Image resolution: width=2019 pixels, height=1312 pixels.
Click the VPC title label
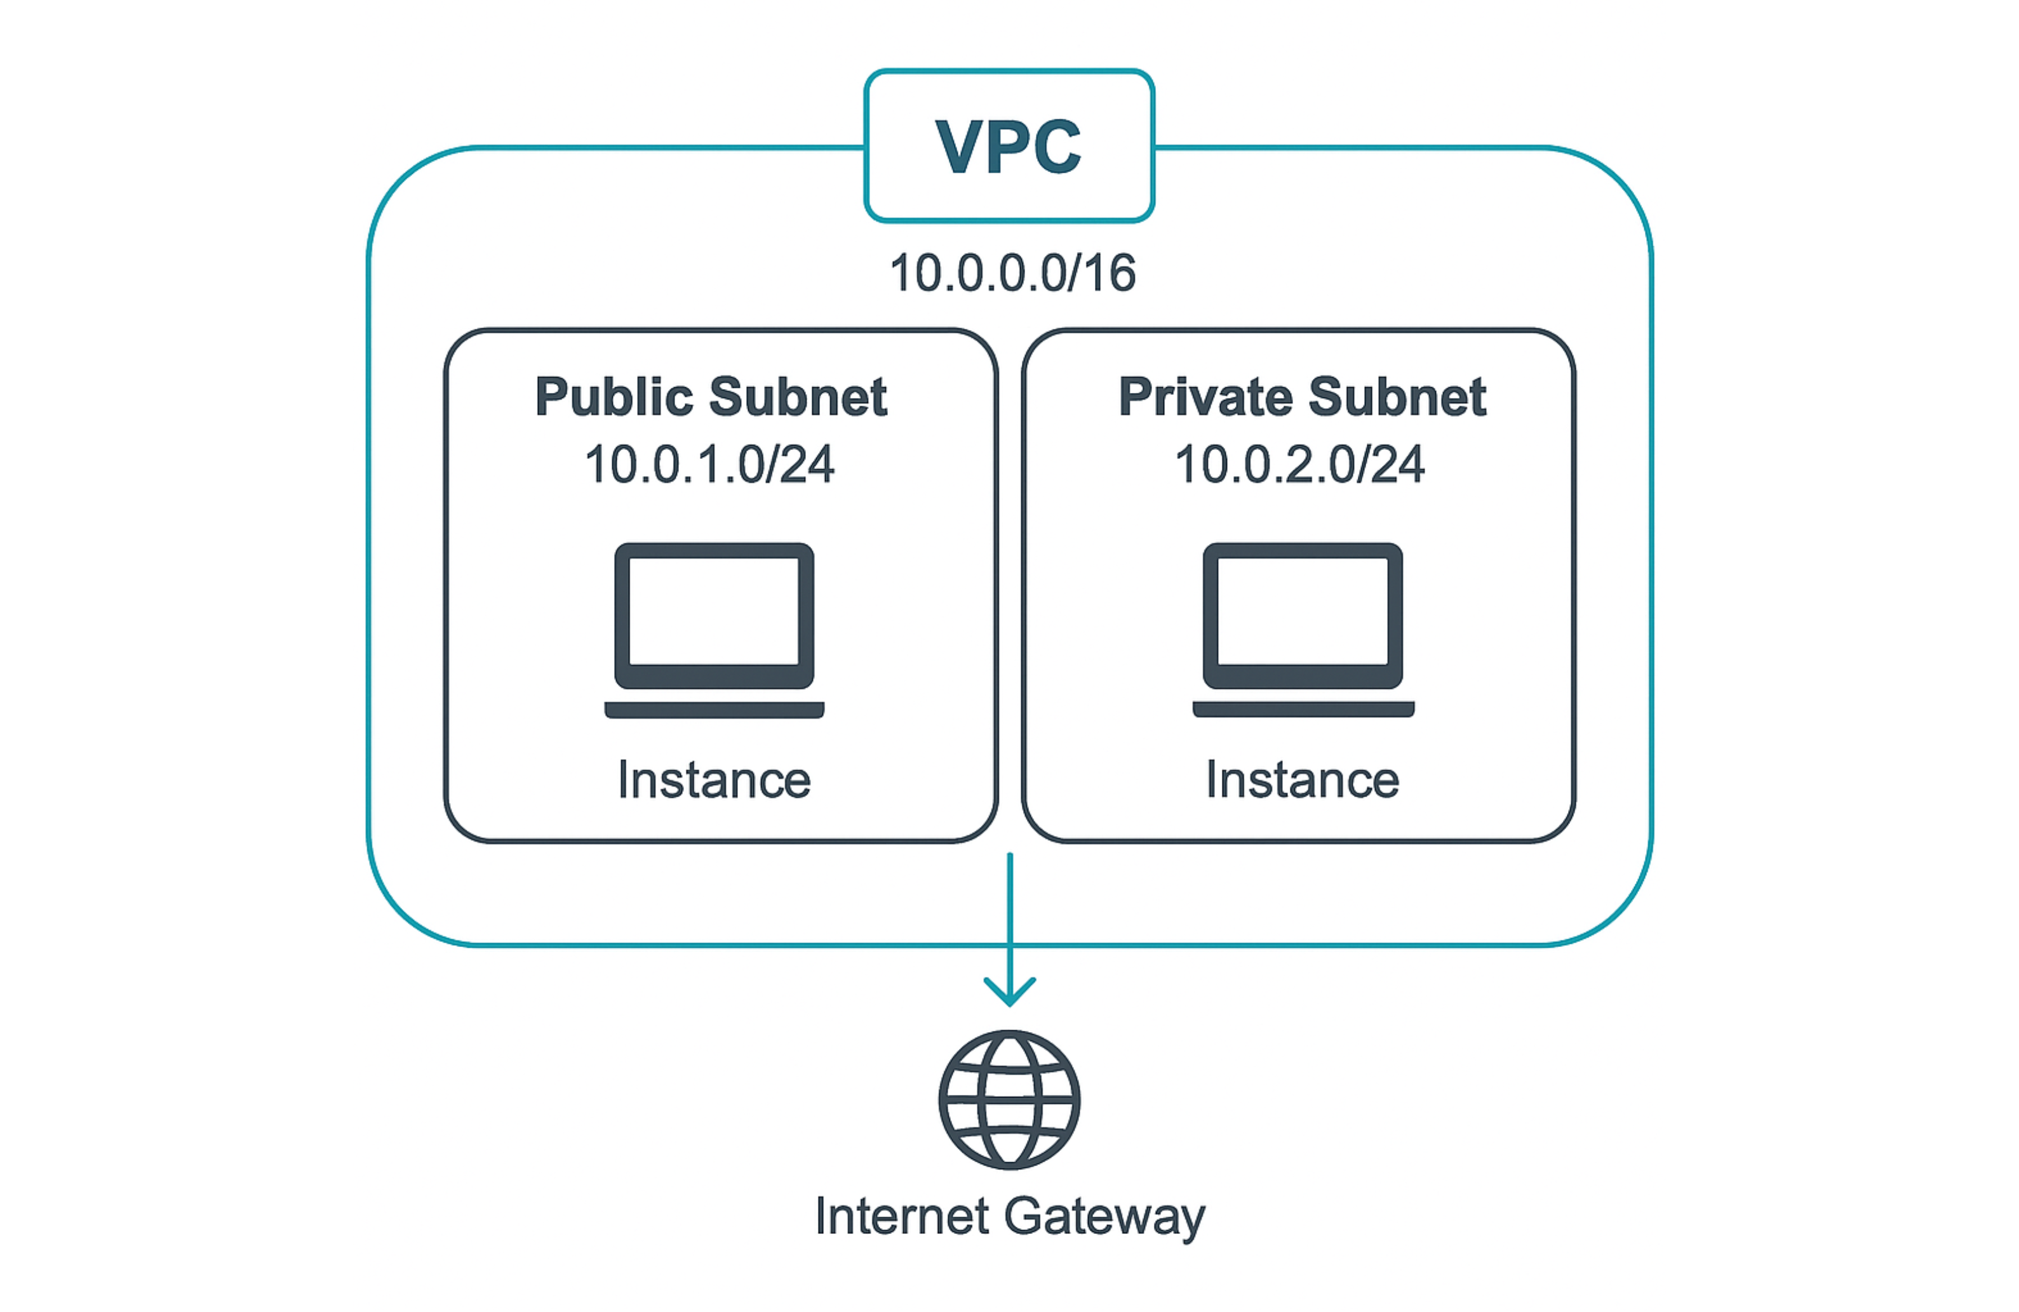pyautogui.click(x=1009, y=146)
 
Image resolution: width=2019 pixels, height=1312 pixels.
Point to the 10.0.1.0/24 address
pyautogui.click(x=709, y=465)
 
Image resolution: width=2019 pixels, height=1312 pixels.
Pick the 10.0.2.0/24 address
pyautogui.click(x=1299, y=465)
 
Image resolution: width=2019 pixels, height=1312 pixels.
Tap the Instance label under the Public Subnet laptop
pyautogui.click(x=714, y=780)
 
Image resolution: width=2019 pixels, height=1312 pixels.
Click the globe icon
pyautogui.click(x=1010, y=1099)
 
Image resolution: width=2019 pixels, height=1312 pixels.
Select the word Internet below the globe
pyautogui.click(x=902, y=1216)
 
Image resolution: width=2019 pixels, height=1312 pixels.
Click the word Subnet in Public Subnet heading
pyautogui.click(x=798, y=397)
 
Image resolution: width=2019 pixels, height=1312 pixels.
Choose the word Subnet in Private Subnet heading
pyautogui.click(x=1397, y=397)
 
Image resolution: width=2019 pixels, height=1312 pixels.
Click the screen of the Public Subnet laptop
pyautogui.click(x=714, y=611)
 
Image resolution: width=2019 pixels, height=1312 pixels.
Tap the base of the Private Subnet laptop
pyautogui.click(x=1303, y=709)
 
